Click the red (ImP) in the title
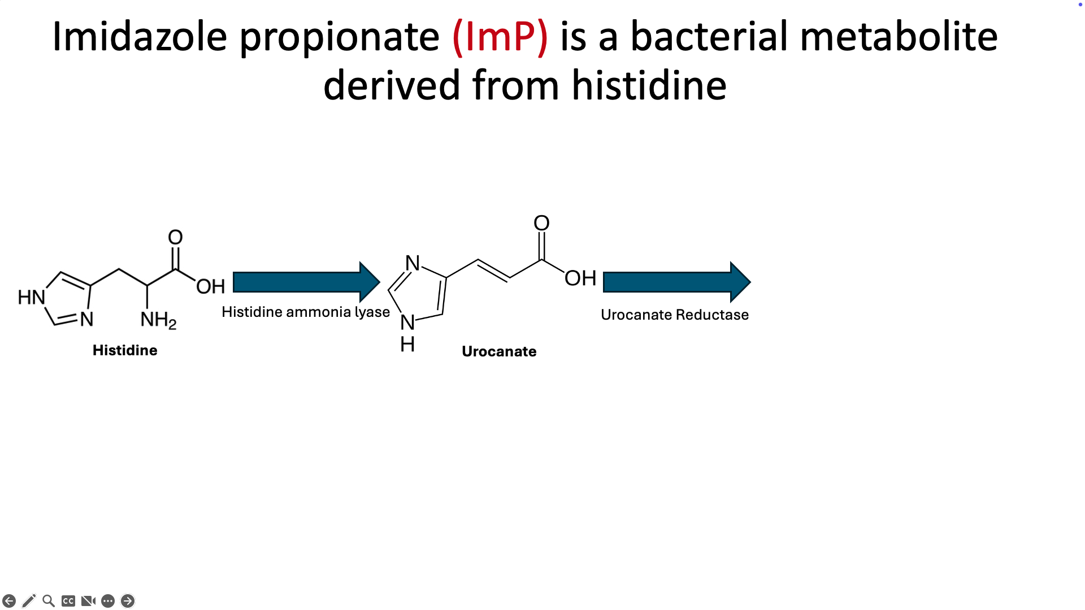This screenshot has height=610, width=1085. pos(500,37)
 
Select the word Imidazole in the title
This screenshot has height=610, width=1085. pos(140,36)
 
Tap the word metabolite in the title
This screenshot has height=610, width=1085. pos(899,36)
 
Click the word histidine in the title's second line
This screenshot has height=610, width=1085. pos(649,85)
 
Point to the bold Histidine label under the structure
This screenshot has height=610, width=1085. pos(125,350)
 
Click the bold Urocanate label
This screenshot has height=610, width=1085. pos(499,351)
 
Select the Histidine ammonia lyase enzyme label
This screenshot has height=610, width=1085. pos(306,312)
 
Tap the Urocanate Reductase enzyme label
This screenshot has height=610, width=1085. pos(675,315)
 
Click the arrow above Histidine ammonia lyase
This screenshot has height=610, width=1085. pos(306,282)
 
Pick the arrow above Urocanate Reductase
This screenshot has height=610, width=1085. pos(677,282)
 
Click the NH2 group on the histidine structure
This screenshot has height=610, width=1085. pos(158,320)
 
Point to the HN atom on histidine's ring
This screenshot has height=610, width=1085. pos(32,297)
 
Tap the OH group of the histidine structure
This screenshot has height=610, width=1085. pos(211,286)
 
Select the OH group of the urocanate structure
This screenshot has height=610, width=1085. pos(580,278)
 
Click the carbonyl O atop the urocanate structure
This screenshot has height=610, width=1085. pos(541,223)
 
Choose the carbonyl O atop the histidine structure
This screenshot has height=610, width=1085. pos(175,237)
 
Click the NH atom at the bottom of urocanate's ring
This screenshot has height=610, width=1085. pos(407,333)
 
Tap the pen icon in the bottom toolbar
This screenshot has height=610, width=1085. pos(29,601)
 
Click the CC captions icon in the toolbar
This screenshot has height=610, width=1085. pos(68,601)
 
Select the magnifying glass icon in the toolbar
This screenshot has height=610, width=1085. pos(49,601)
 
